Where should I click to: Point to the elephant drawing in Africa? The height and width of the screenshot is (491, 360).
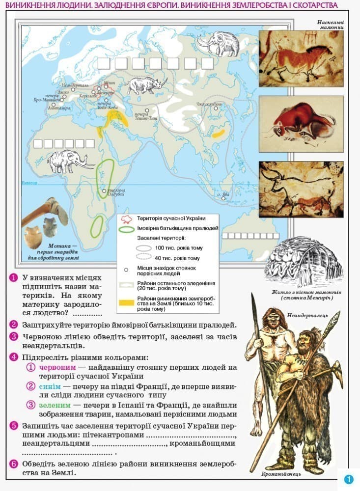[x=68, y=161]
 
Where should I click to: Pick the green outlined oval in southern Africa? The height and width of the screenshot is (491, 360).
[x=97, y=225]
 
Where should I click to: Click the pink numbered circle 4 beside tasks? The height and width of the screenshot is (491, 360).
[x=14, y=357]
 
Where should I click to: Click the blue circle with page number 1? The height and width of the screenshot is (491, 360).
[x=349, y=480]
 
